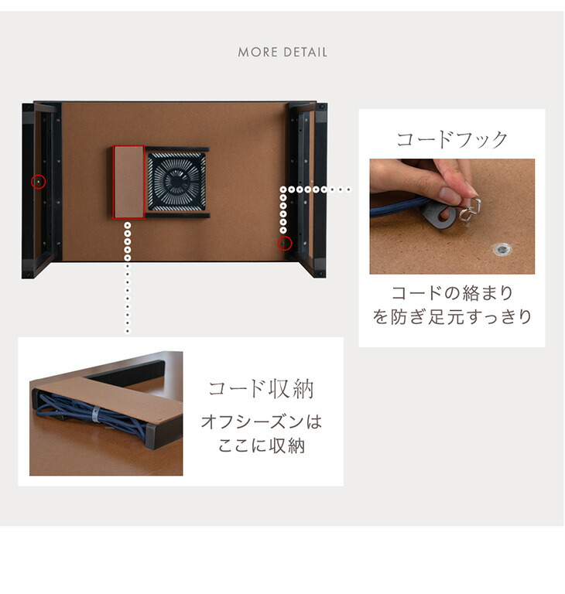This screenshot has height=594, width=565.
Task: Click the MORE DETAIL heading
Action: tap(282, 52)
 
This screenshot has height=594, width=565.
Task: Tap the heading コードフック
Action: tap(452, 139)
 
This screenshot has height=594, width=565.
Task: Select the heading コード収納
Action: tap(262, 389)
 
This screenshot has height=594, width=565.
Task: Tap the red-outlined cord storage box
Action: tap(129, 183)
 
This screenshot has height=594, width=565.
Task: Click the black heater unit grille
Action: tap(176, 182)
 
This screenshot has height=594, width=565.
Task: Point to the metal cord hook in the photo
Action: tap(470, 211)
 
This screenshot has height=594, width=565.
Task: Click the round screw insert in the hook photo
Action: tap(502, 249)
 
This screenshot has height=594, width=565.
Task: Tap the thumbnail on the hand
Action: tap(450, 196)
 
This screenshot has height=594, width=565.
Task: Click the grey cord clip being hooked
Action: tap(440, 214)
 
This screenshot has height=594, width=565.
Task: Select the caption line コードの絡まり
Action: tap(452, 293)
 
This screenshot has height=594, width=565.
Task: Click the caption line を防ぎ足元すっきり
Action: tap(452, 316)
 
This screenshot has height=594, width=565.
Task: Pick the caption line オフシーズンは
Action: tap(262, 422)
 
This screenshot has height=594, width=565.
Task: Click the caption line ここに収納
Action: tap(262, 445)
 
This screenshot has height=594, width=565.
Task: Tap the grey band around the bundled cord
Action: tap(95, 415)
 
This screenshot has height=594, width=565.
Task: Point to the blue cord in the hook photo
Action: tap(398, 207)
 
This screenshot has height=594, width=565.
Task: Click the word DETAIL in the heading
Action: tap(305, 52)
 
